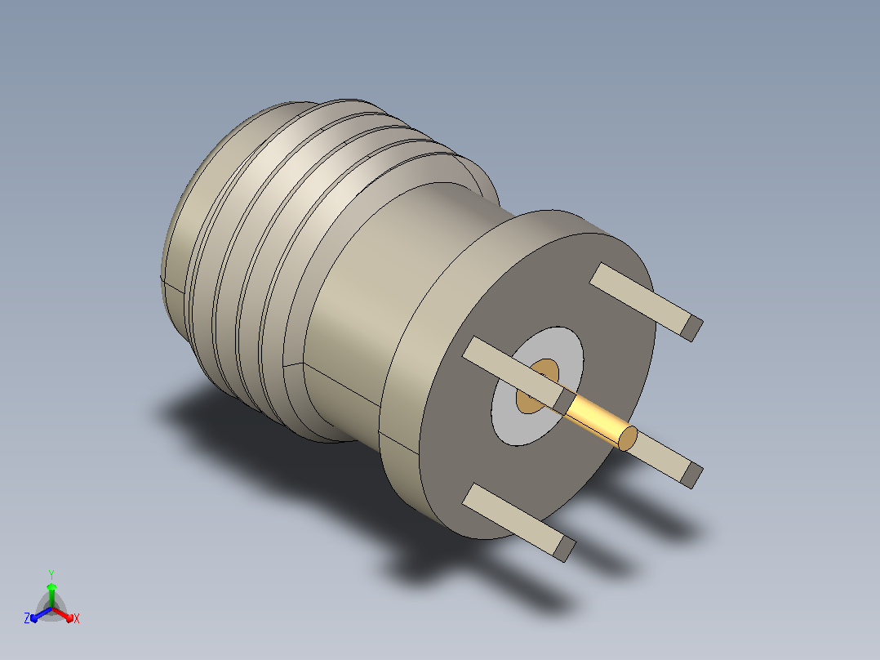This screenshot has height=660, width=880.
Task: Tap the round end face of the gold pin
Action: [628, 438]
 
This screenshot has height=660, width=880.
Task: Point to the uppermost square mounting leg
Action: [646, 301]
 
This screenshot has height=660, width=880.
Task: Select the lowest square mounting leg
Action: [518, 522]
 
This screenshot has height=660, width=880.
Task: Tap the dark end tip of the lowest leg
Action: [565, 550]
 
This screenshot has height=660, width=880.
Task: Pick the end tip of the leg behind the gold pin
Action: [692, 475]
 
